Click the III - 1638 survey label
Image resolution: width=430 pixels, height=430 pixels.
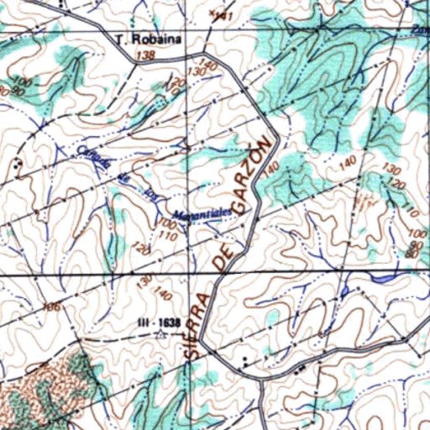[160, 322]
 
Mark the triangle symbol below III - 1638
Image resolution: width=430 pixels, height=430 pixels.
[160, 334]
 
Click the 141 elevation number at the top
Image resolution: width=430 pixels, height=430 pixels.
[221, 16]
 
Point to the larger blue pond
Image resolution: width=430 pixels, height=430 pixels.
[384, 275]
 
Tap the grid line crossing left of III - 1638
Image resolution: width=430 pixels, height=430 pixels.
[83, 275]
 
